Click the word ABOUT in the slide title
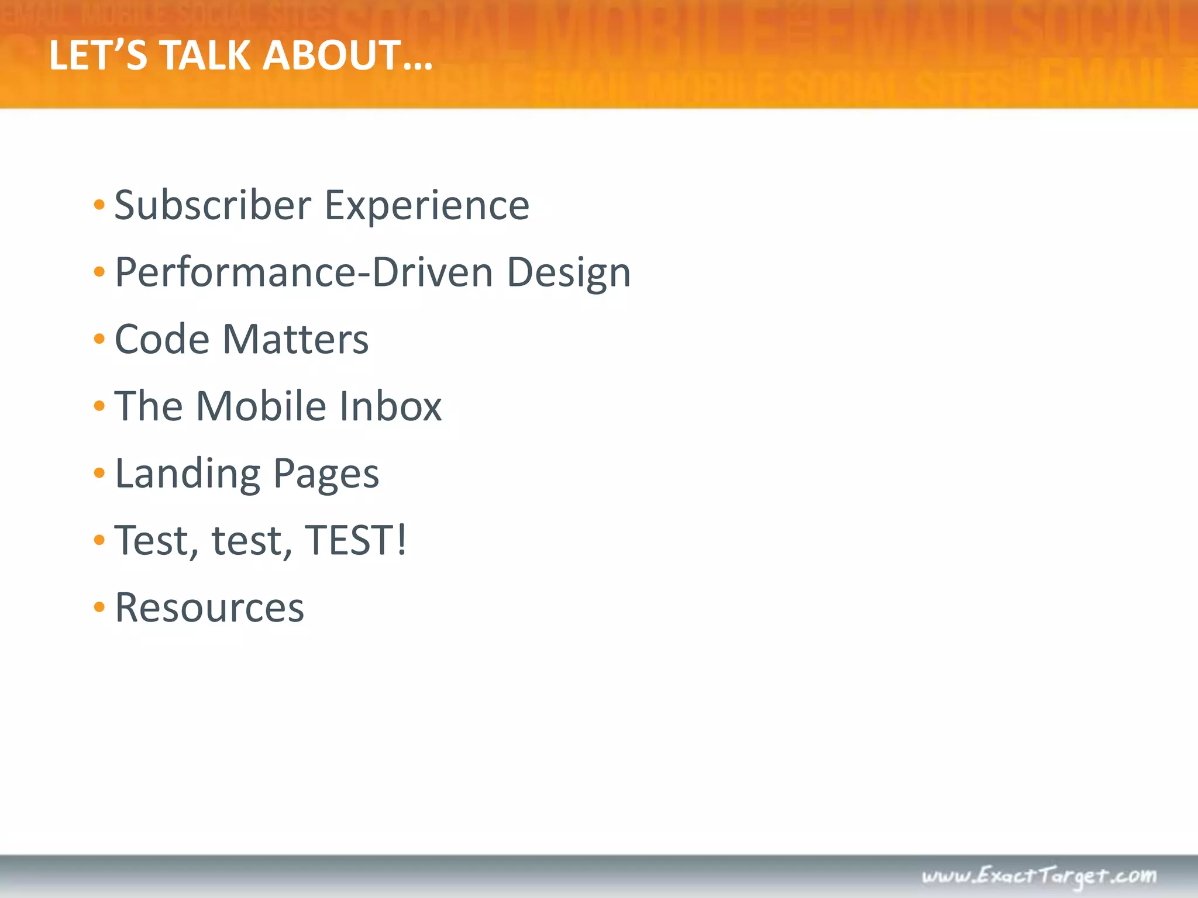pyautogui.click(x=347, y=56)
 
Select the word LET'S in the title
pyautogui.click(x=98, y=56)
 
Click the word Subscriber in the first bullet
pyautogui.click(x=213, y=206)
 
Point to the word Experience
pyautogui.click(x=427, y=207)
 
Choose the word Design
pyautogui.click(x=569, y=274)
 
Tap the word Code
pyautogui.click(x=162, y=339)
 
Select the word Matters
pyautogui.click(x=296, y=339)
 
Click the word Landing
pyautogui.click(x=188, y=474)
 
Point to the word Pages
pyautogui.click(x=326, y=474)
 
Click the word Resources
pyautogui.click(x=209, y=608)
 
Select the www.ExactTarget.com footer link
pyautogui.click(x=1039, y=876)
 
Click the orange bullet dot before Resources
pyautogui.click(x=99, y=607)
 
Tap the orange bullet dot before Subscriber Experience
pyautogui.click(x=99, y=205)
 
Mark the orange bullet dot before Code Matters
pyautogui.click(x=99, y=339)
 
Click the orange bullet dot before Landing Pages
pyautogui.click(x=99, y=473)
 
